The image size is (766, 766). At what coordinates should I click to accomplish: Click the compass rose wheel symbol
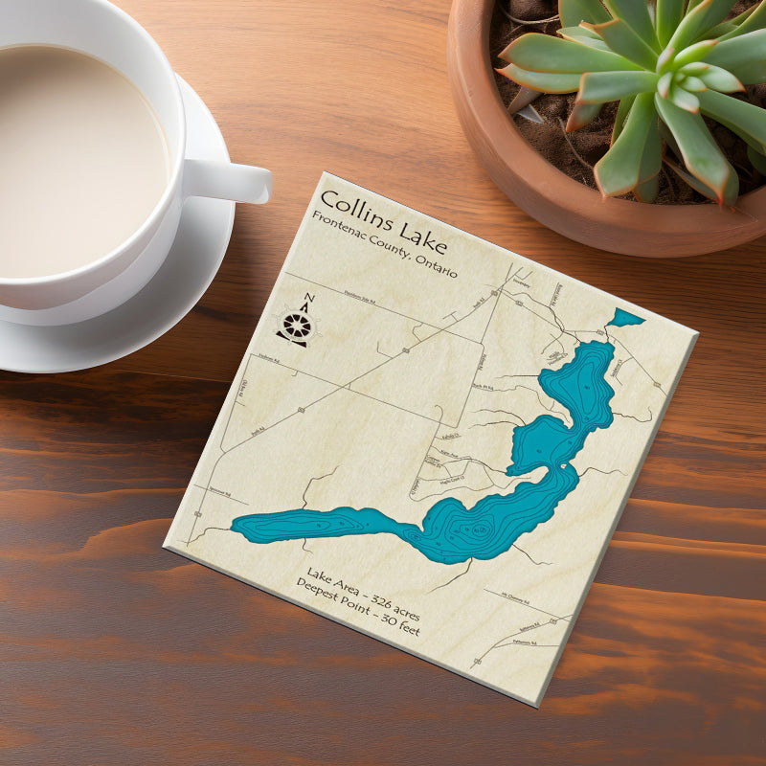tap(296, 327)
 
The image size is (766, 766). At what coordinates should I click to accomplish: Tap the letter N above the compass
tap(307, 298)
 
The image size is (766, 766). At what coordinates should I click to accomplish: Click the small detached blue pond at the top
tap(626, 317)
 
